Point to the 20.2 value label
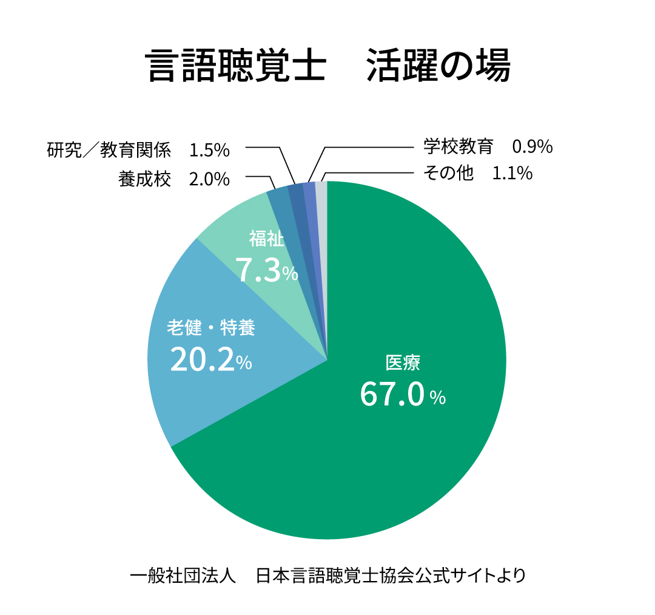(202, 360)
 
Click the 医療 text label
(403, 363)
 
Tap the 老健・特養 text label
(211, 328)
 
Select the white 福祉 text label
(266, 239)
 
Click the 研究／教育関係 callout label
(109, 149)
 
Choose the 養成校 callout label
(145, 180)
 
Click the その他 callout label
(448, 174)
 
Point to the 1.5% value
(209, 149)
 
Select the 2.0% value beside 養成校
(209, 180)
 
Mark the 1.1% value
(512, 174)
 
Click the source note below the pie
(327, 574)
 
